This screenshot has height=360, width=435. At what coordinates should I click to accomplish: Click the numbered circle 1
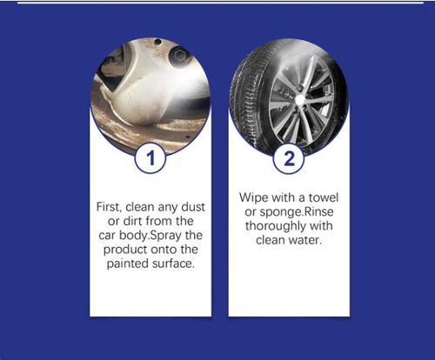pyautogui.click(x=151, y=158)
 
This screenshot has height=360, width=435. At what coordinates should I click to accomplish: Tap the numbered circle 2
pyautogui.click(x=289, y=158)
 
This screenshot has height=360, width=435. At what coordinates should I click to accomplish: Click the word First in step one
pyautogui.click(x=107, y=207)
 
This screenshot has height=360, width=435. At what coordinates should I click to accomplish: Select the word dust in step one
pyautogui.click(x=193, y=207)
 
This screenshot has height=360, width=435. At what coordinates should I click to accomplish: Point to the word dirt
pyautogui.click(x=132, y=221)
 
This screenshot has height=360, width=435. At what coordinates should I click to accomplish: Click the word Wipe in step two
pyautogui.click(x=253, y=198)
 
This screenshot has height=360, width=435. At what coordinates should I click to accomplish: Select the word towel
pyautogui.click(x=324, y=197)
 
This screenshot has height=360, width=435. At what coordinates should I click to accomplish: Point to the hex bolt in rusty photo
pyautogui.click(x=179, y=54)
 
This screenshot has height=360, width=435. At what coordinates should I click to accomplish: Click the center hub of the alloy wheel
pyautogui.click(x=299, y=100)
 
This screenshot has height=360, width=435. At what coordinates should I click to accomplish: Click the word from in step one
pyautogui.click(x=159, y=221)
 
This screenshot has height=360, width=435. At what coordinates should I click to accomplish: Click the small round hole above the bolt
pyautogui.click(x=158, y=42)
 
